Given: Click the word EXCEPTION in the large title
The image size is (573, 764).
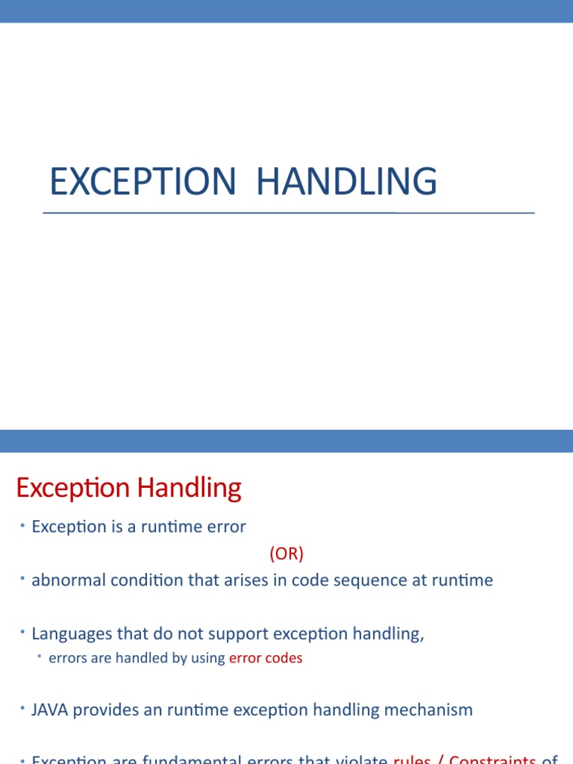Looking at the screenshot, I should pyautogui.click(x=142, y=182).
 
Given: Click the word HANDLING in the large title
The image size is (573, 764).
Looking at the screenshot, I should pyautogui.click(x=347, y=182).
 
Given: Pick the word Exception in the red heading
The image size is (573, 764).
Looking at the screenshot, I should pyautogui.click(x=72, y=489).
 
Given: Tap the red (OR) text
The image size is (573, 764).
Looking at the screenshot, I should pyautogui.click(x=286, y=554).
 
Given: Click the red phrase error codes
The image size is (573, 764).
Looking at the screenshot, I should pyautogui.click(x=266, y=658).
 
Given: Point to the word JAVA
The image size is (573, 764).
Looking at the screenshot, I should pyautogui.click(x=48, y=710).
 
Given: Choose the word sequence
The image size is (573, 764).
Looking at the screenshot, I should pyautogui.click(x=350, y=580).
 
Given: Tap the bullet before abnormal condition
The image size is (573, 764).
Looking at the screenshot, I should pyautogui.click(x=23, y=579).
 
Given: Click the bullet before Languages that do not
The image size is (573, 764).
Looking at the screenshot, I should pyautogui.click(x=23, y=633).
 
